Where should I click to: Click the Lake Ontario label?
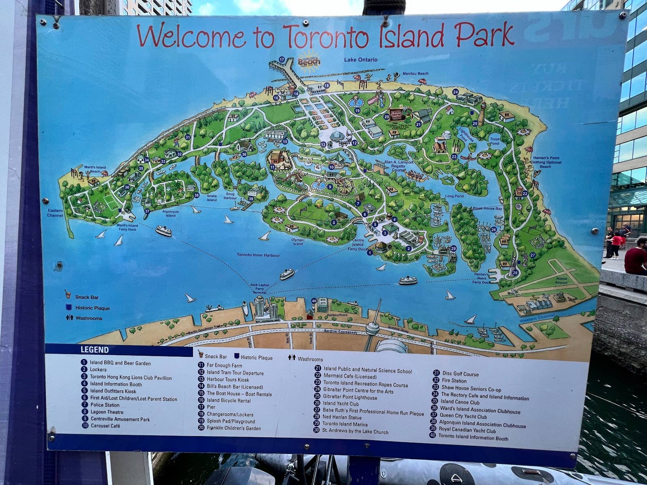tap(361, 60)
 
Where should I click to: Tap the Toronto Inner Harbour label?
tap(258, 255)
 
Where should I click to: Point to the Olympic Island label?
tap(298, 242)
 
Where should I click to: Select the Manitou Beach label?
tap(415, 74)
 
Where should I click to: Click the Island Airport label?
tap(561, 280)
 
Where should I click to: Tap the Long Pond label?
tap(455, 196)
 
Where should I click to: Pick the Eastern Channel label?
tap(55, 213)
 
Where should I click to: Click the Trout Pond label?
tap(495, 141)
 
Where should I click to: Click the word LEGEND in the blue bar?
tap(95, 350)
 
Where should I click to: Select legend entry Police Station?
tap(105, 405)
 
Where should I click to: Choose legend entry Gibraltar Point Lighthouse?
tap(350, 397)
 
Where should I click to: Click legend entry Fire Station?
tap(454, 381)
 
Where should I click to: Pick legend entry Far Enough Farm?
tap(224, 365)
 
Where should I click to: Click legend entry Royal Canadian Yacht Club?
tap(467, 431)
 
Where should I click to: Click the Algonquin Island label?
tap(171, 213)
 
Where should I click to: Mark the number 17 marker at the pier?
tap(282, 59)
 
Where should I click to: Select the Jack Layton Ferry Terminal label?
tap(259, 289)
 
